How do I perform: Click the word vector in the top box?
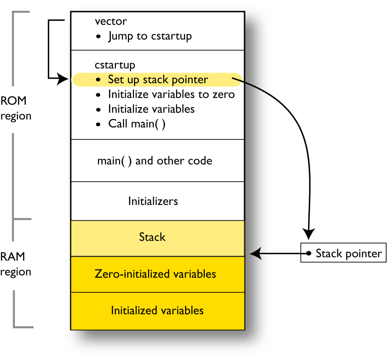click(x=111, y=21)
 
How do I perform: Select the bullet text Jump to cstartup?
click(x=149, y=36)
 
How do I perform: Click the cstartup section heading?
click(x=115, y=65)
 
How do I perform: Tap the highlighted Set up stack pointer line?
click(x=157, y=80)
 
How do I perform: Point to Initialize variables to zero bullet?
click(x=171, y=95)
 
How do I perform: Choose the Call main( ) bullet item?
click(x=136, y=124)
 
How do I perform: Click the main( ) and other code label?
click(x=155, y=161)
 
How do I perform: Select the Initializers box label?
click(x=153, y=201)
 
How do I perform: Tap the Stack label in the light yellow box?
click(x=152, y=237)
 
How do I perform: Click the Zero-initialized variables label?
click(x=155, y=273)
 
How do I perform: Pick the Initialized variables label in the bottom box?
click(x=157, y=310)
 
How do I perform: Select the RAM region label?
click(x=16, y=264)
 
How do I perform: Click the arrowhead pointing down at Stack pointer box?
click(x=308, y=233)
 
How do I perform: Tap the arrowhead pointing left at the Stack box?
click(x=256, y=253)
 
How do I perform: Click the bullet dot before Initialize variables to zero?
click(x=98, y=95)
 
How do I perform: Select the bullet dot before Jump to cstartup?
click(x=98, y=36)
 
